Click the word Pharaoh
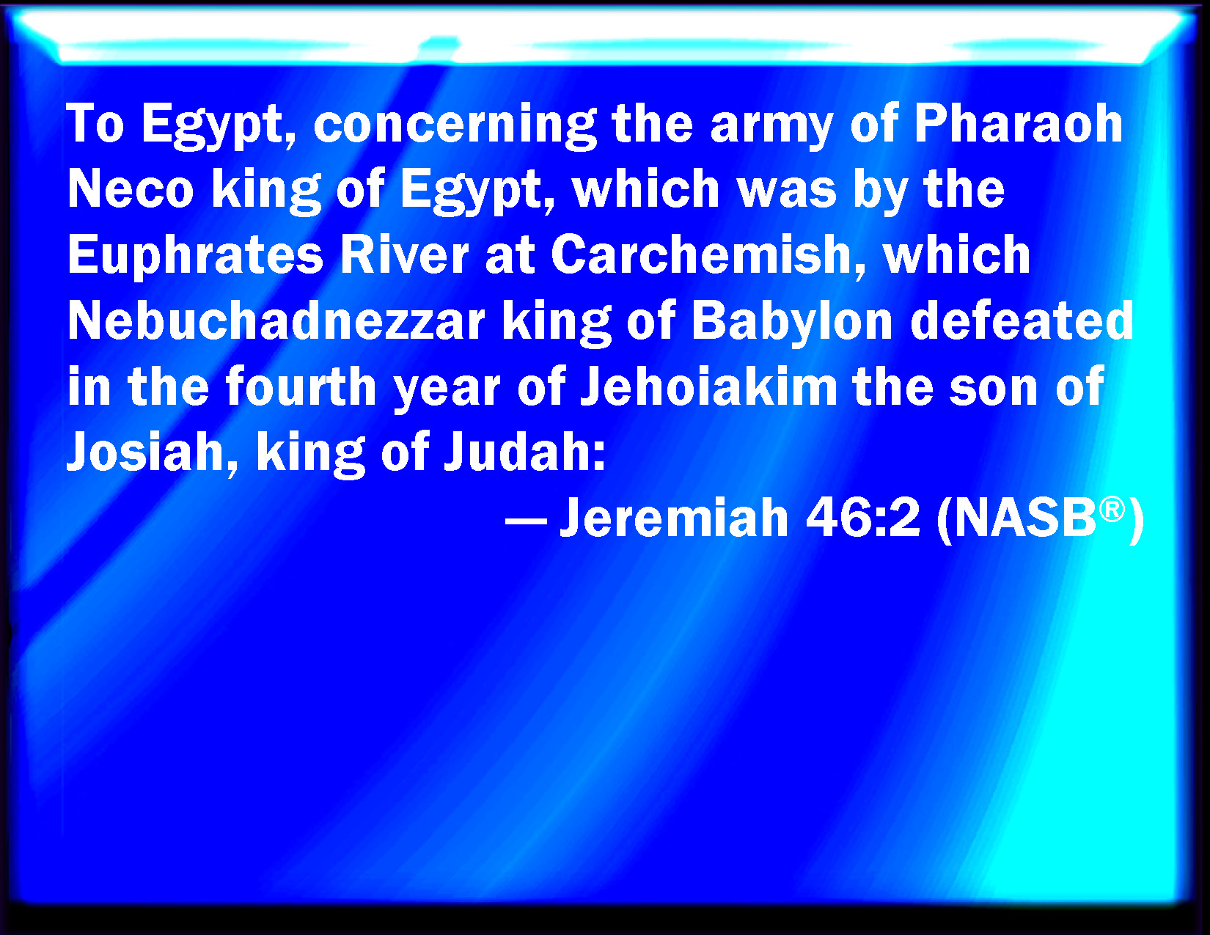click(1018, 123)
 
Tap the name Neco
click(131, 189)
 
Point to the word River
click(404, 254)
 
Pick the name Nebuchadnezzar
click(276, 320)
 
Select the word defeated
click(1022, 320)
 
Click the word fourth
click(301, 386)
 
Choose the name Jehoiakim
click(709, 386)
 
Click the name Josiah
click(145, 452)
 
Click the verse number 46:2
click(862, 517)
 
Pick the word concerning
click(455, 126)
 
